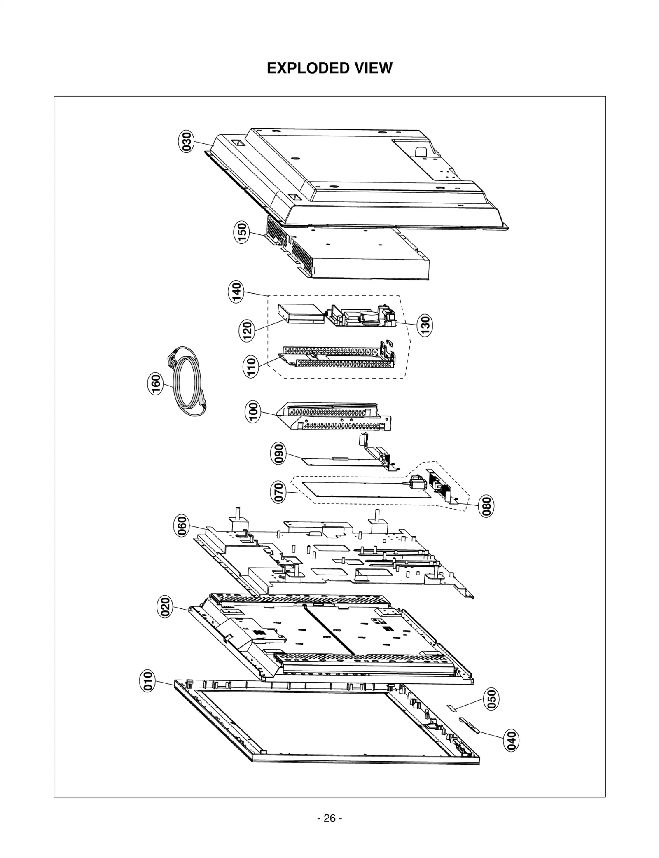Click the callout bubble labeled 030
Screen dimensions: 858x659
(x=187, y=142)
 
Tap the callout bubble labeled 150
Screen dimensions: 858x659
(x=242, y=232)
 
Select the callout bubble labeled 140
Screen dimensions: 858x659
(x=236, y=292)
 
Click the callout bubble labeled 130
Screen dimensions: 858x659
(x=425, y=325)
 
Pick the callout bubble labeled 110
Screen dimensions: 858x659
(x=251, y=367)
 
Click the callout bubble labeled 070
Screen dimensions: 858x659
(x=278, y=492)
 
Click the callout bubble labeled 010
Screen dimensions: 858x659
(x=148, y=680)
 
